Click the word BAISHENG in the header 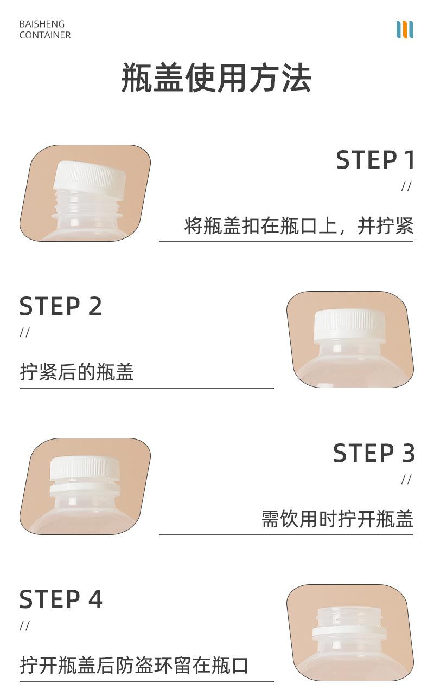point(42,24)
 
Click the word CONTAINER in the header point(45,35)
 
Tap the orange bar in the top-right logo point(405,29)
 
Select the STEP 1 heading point(375,160)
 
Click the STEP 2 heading point(61,307)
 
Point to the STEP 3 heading point(374,454)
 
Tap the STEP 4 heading point(61,600)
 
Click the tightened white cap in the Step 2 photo point(349,325)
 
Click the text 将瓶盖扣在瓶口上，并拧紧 point(299,226)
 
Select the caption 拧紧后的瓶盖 point(76,372)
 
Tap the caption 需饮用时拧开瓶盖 point(337,519)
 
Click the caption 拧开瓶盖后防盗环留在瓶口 point(134,666)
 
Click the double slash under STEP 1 point(406,186)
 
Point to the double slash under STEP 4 point(24,626)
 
